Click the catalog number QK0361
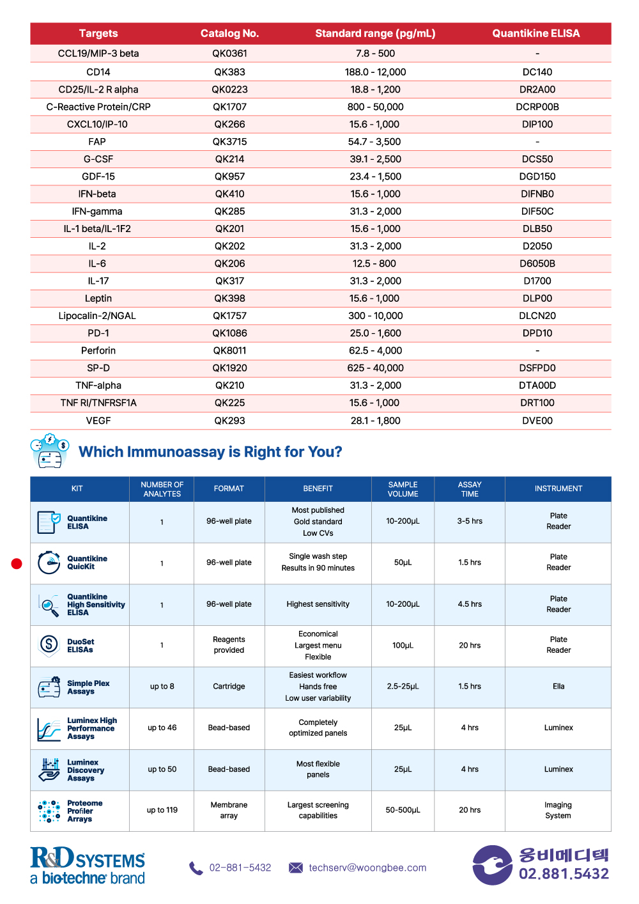229,53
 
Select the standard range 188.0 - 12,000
375,72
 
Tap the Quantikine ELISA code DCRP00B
537,107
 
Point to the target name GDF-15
98,176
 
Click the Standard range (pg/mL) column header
375,33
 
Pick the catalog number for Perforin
229,350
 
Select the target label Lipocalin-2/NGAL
97,316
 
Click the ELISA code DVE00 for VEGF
537,421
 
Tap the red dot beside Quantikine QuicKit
17,563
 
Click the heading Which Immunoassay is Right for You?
210,451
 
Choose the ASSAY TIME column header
470,488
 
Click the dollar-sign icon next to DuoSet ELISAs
49,644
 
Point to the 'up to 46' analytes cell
162,728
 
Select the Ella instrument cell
558,686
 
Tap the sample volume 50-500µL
403,809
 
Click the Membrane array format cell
229,810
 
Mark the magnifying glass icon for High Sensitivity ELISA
49,605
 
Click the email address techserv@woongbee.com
367,868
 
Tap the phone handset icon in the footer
196,868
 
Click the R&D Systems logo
88,865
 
